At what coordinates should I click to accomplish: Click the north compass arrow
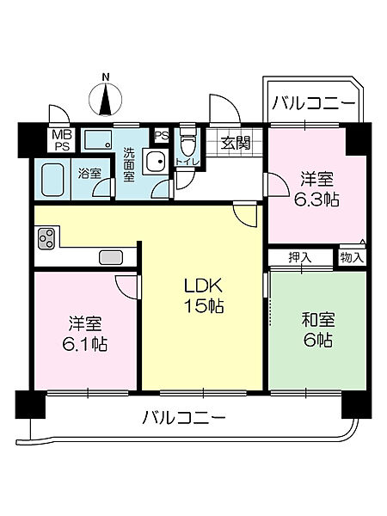tap(107, 101)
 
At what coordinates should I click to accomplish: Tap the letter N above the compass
tap(107, 77)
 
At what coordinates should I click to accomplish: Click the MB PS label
tap(62, 140)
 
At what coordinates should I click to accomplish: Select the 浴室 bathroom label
tap(89, 173)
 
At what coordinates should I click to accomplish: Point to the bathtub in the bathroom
tap(57, 181)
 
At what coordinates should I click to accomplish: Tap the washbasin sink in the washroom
tap(155, 162)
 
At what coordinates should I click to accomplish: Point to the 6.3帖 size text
tap(317, 199)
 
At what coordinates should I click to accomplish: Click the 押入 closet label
tap(299, 256)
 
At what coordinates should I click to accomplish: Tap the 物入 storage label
tap(352, 256)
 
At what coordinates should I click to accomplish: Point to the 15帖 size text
tap(203, 307)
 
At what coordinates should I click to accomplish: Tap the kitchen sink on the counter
tap(111, 256)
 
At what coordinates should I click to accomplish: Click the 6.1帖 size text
tap(86, 344)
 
